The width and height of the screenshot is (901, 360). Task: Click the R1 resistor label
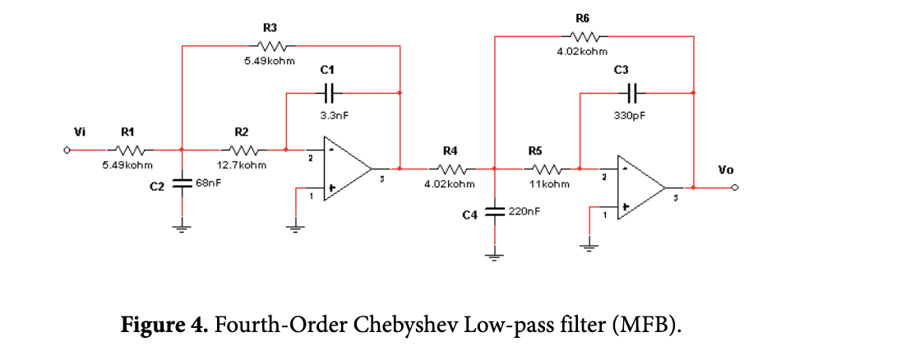point(128,132)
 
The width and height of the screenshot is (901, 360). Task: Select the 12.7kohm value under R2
point(241,165)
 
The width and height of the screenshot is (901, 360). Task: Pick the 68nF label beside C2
point(209,182)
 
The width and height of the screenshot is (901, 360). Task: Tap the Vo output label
point(725,170)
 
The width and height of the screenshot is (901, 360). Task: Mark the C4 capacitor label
point(469,215)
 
